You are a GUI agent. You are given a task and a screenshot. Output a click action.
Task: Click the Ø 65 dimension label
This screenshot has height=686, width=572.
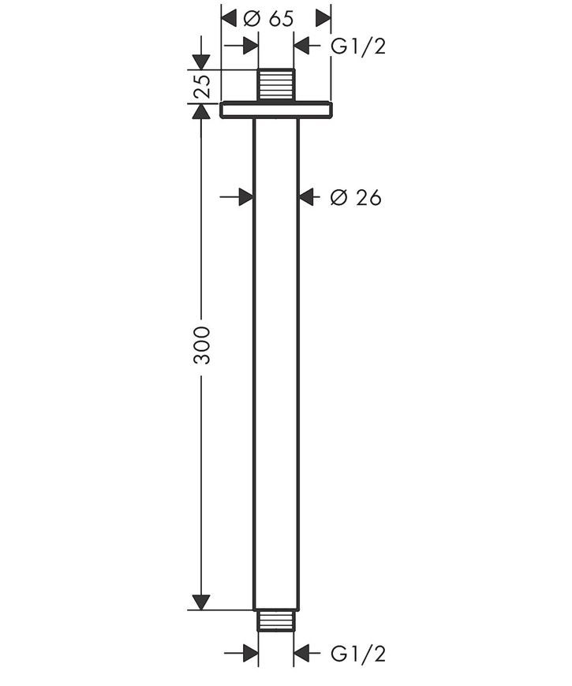coord(268,19)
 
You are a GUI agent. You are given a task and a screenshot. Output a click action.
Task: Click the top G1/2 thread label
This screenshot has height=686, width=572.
coord(358,46)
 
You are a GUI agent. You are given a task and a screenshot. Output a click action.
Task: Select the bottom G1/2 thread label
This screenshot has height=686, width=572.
coord(358,654)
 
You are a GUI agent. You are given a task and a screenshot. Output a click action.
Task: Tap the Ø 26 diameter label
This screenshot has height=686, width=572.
coord(356,198)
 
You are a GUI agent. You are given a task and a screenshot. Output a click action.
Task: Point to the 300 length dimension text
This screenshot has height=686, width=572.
coord(202,345)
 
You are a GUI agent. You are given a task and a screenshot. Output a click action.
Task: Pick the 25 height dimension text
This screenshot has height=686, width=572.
coord(202,86)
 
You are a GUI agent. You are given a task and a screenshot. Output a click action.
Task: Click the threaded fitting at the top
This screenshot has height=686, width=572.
coord(275,86)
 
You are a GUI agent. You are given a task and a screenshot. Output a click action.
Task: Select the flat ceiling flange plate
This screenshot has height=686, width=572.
coord(275,110)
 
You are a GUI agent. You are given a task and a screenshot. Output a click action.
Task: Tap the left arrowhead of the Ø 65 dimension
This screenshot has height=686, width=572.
coord(229,19)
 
